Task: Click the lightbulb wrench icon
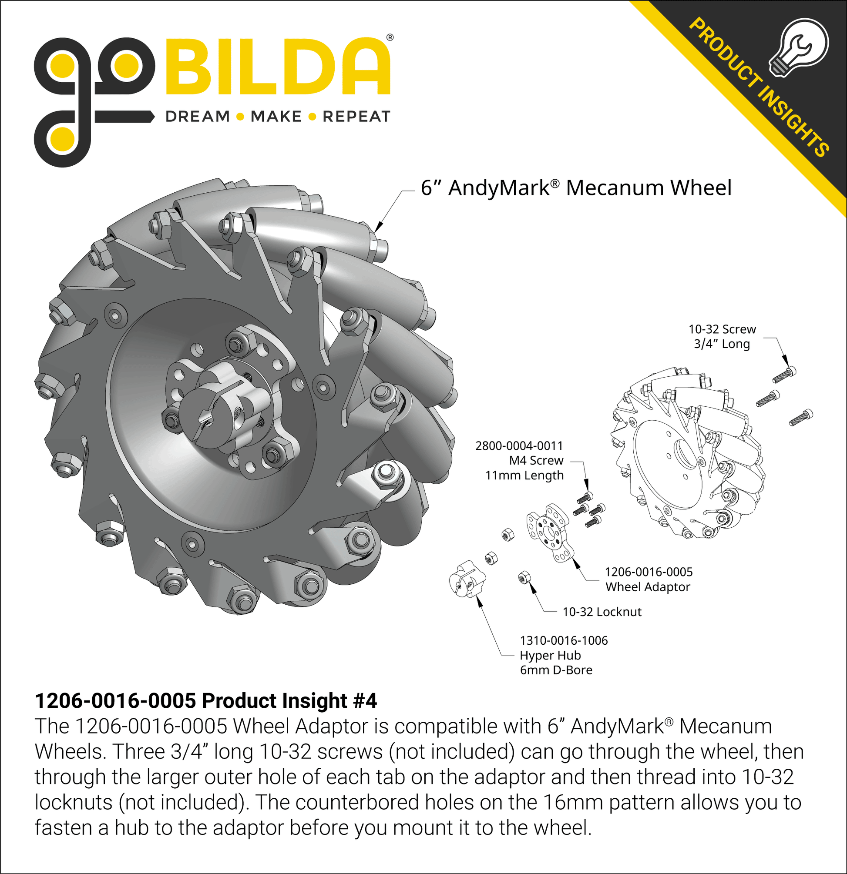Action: point(799,48)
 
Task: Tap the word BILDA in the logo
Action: point(277,67)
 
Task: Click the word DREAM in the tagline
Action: point(198,117)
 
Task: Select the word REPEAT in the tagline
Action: point(356,117)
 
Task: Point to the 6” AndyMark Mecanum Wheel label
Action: point(576,188)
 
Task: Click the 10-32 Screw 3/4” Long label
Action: point(722,336)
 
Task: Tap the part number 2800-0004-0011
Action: point(519,445)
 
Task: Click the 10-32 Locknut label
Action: point(602,612)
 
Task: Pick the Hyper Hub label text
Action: point(551,655)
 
